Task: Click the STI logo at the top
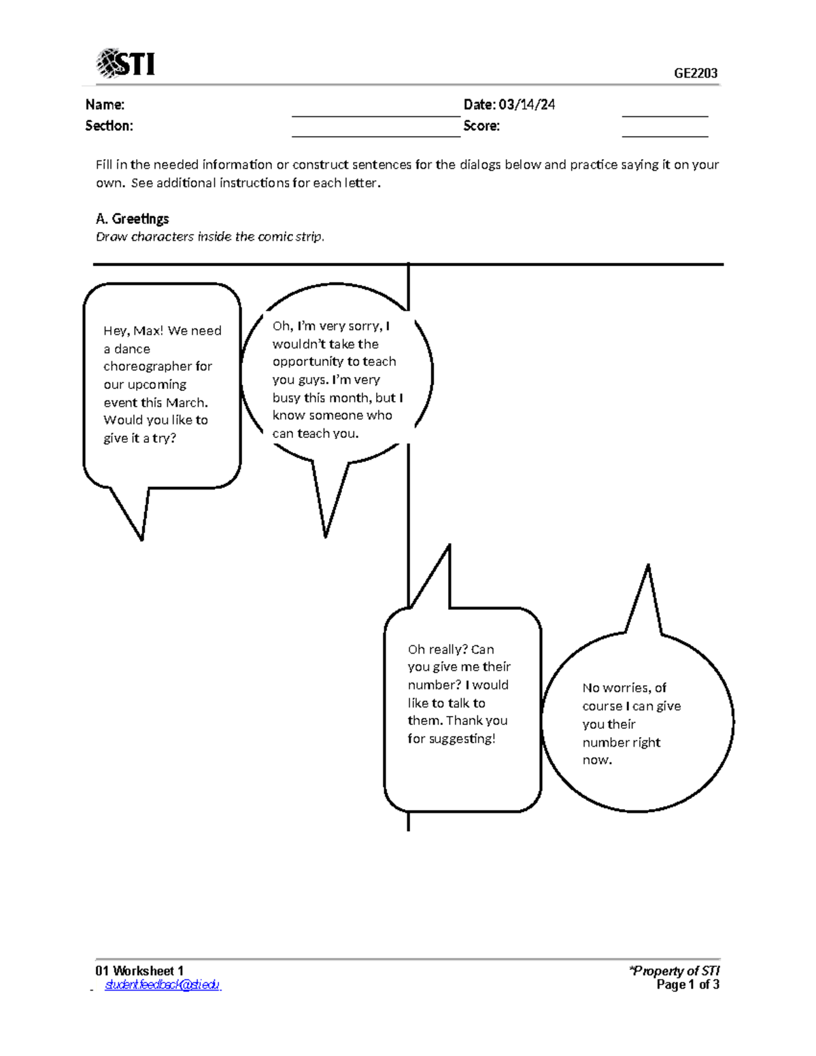(126, 64)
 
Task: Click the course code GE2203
(696, 73)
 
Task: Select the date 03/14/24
(526, 105)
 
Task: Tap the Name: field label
(105, 105)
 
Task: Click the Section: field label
(109, 126)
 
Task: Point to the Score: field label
(481, 126)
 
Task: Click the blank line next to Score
(664, 135)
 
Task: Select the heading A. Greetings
(132, 219)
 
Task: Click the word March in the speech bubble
(186, 403)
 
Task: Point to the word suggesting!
(462, 739)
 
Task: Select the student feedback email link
(162, 985)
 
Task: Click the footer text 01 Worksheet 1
(139, 971)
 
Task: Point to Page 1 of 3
(687, 985)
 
